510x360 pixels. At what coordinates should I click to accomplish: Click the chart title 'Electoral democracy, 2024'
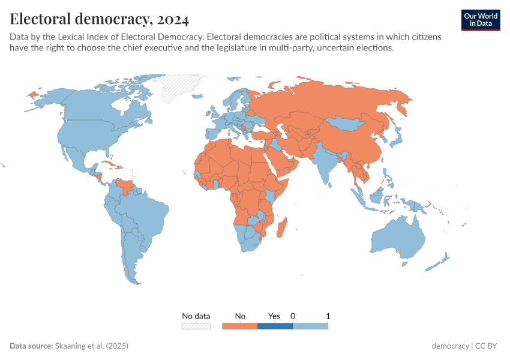(100, 19)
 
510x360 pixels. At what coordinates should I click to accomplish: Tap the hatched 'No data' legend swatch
(196, 326)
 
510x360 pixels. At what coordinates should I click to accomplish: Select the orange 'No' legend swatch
(239, 326)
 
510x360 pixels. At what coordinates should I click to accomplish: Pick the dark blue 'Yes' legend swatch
(275, 326)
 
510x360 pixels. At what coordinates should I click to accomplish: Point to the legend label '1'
(328, 316)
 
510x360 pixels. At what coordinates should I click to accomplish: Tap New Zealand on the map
(441, 262)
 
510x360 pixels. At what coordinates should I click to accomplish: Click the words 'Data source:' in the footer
(31, 346)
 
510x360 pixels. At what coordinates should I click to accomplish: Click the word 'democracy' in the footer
(450, 346)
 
